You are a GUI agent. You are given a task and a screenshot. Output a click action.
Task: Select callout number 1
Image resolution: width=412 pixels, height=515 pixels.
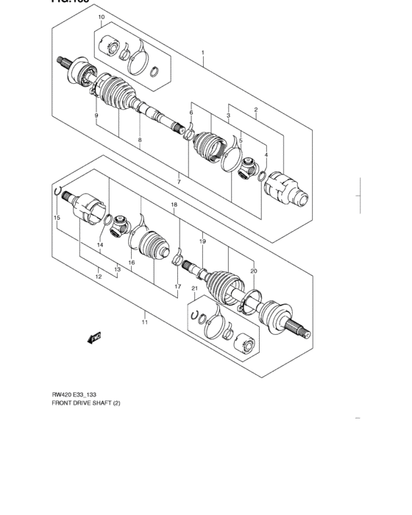pos(203,53)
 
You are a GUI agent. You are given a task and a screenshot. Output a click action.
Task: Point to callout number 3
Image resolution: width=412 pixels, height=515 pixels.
pos(229,116)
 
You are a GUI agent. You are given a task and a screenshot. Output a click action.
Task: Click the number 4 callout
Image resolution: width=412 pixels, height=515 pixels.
pos(266,155)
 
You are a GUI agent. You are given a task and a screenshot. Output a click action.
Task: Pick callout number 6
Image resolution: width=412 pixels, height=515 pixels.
pos(191,113)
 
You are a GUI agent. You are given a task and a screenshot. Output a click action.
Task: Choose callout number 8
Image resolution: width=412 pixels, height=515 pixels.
pos(139,139)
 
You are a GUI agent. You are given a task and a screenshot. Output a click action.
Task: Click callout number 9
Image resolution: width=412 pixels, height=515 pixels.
pos(96,116)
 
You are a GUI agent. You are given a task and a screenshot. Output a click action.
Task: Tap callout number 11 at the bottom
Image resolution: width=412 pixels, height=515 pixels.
pos(145,322)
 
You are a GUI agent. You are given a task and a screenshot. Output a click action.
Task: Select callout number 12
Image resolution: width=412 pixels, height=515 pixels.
pos(98,277)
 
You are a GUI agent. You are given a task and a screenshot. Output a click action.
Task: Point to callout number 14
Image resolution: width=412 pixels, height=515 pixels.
pos(100,244)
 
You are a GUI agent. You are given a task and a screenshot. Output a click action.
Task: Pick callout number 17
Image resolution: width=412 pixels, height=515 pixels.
pos(177,285)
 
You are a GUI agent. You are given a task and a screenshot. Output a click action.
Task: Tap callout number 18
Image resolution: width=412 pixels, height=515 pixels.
pos(174,205)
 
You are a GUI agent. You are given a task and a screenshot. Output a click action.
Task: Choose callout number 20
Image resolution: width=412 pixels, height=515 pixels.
pos(254,270)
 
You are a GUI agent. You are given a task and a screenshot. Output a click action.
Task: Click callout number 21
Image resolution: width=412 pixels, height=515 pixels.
pos(194,288)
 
